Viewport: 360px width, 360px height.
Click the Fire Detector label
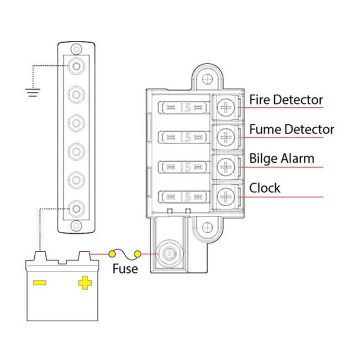coord(286,100)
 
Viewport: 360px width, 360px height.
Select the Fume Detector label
coord(291,129)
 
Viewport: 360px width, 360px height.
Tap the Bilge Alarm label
coord(282,158)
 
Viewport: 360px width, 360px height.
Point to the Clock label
coord(265,188)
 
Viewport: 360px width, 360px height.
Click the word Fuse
coord(125,269)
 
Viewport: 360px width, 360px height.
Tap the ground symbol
coord(33,92)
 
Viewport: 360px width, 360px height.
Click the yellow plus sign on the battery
coord(85,282)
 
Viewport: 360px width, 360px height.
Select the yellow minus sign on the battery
coord(40,282)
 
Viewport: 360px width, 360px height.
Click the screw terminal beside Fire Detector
coord(226,107)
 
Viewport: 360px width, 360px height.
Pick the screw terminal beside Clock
coord(226,197)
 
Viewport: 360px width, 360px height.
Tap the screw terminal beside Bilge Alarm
coord(226,167)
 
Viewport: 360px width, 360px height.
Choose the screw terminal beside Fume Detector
coord(226,137)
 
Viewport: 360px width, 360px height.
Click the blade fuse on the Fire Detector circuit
coord(184,107)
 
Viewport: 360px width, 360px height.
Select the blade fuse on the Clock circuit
coord(184,197)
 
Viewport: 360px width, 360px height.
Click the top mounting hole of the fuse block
coord(207,79)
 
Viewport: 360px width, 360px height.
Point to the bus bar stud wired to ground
coord(76,66)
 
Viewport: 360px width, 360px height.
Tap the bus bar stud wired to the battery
coord(76,209)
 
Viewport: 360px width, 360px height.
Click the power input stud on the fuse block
coord(169,254)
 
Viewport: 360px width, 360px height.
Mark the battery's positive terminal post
coord(85,256)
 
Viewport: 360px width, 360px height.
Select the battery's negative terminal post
coord(40,256)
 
